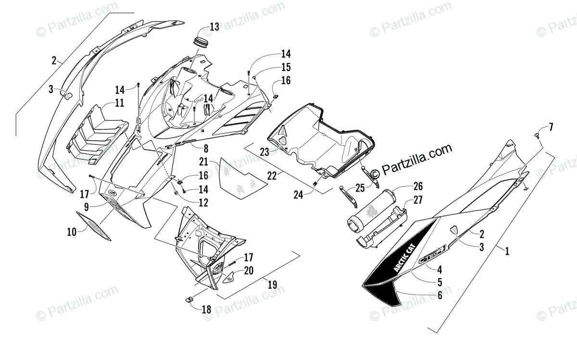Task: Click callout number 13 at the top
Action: coord(214,27)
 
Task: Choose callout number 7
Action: coord(551,127)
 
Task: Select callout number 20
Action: coord(248,271)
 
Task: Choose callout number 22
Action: coord(272,177)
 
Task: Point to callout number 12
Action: coord(204,203)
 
